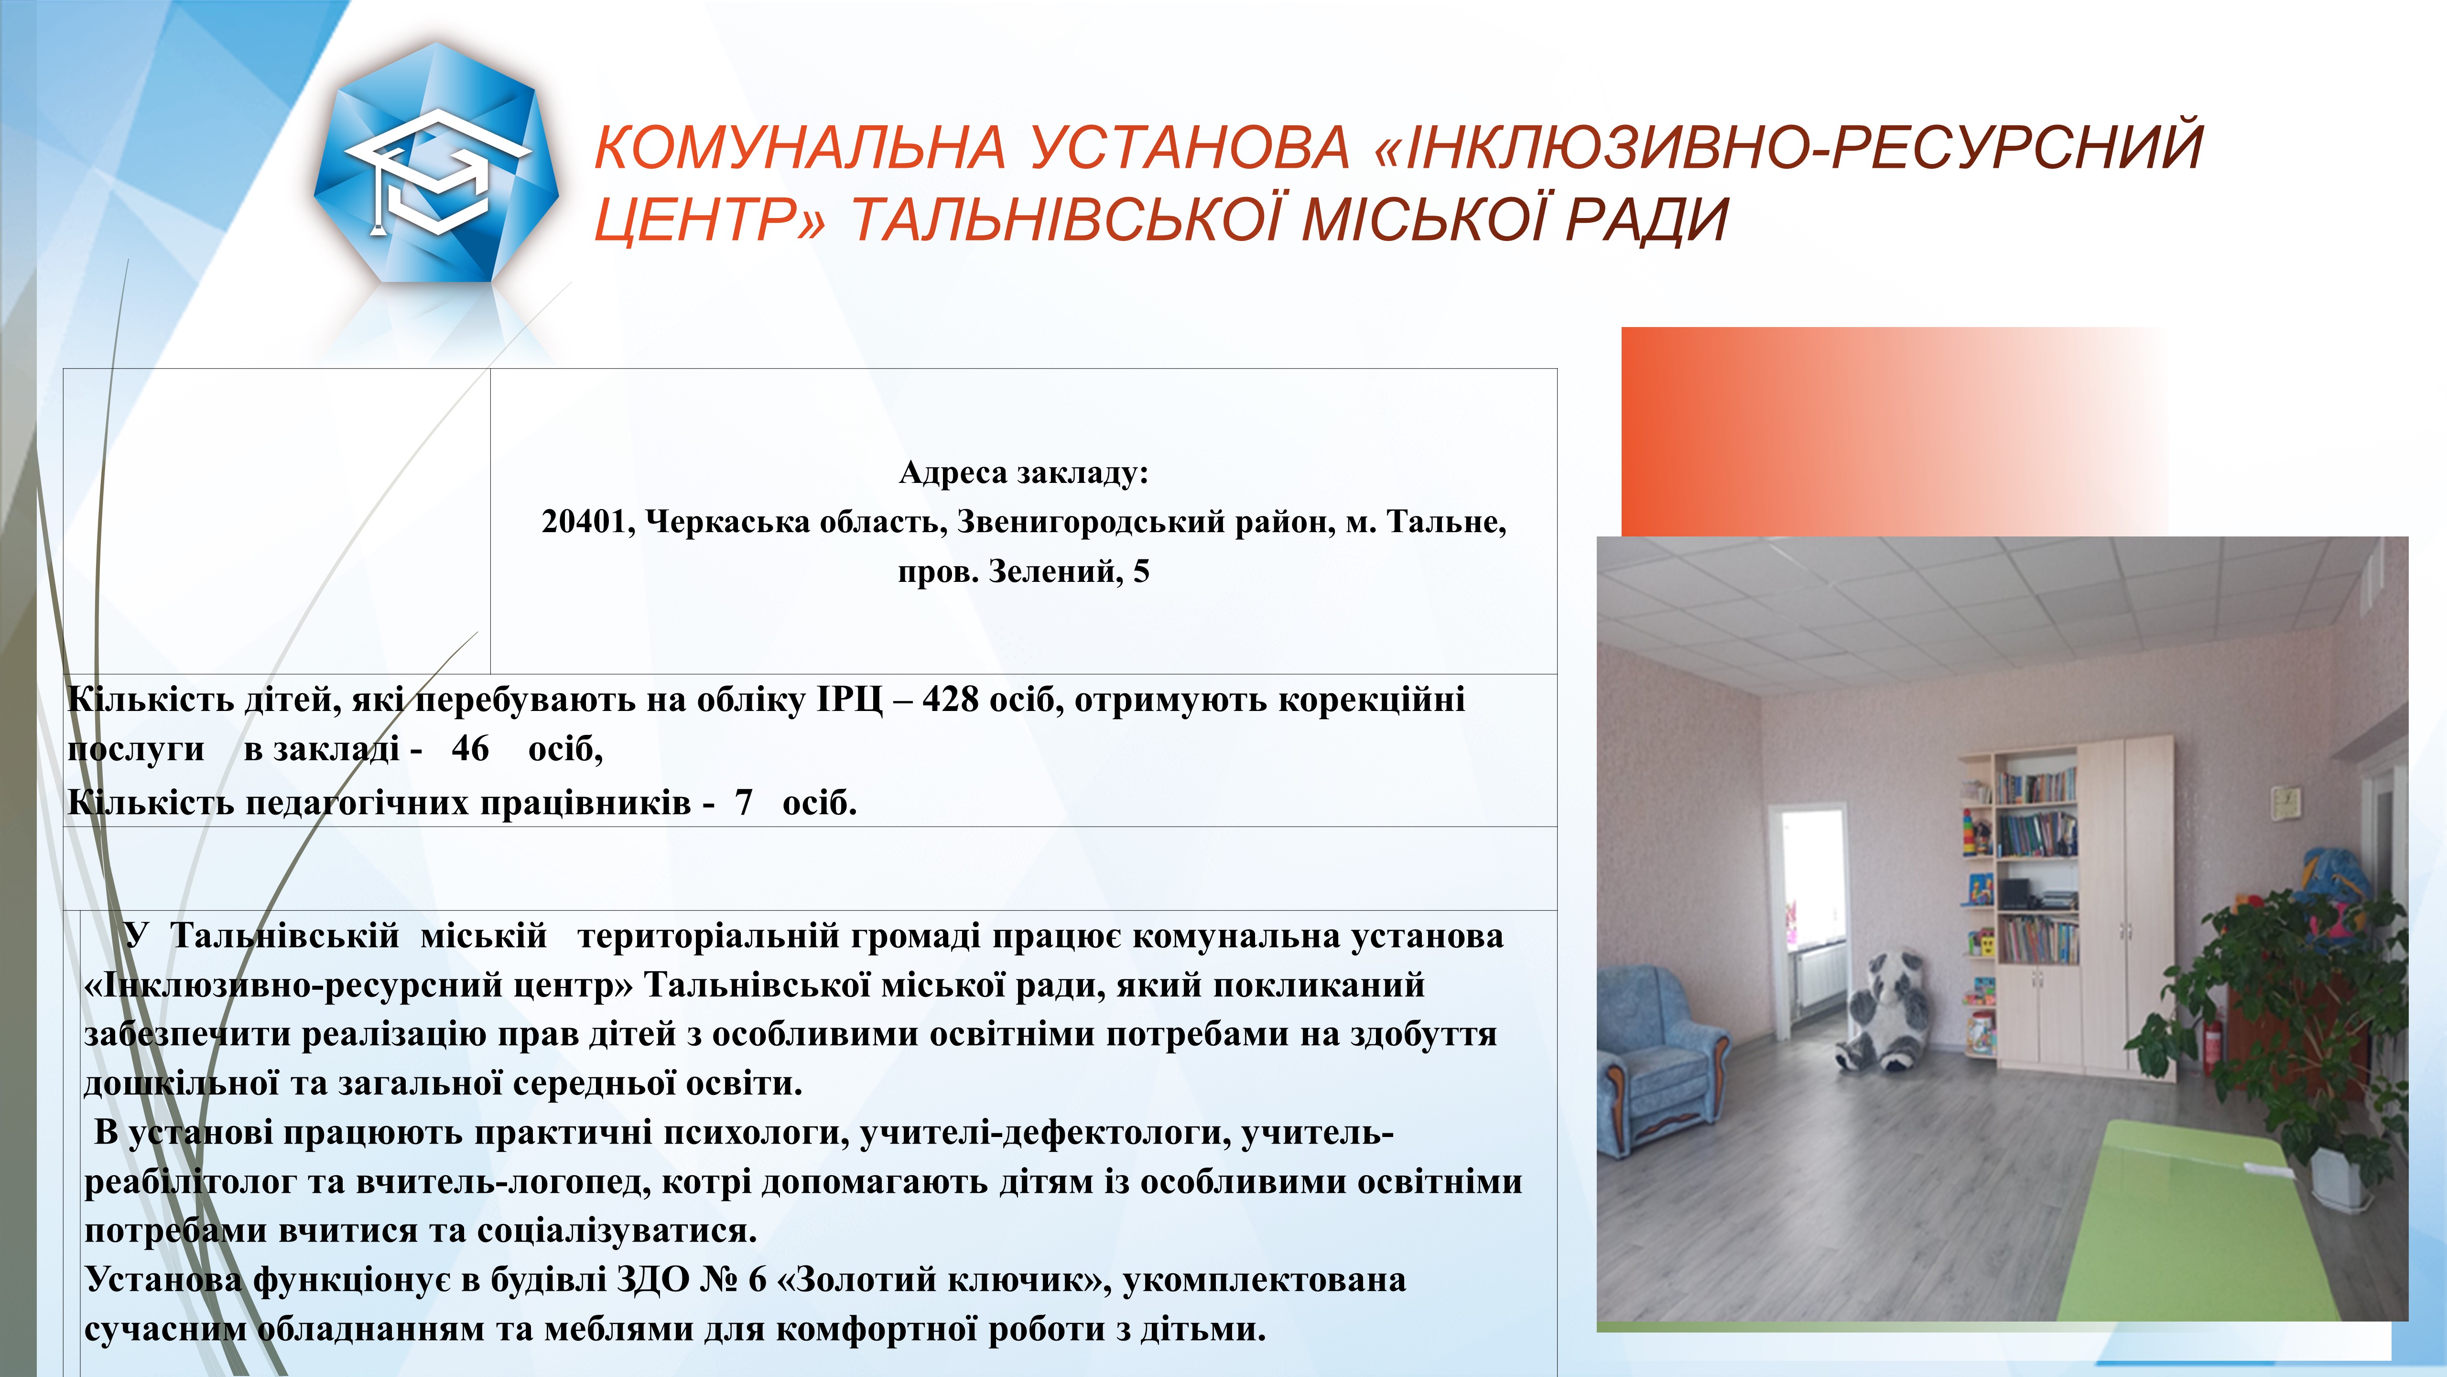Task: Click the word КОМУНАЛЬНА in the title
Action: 800,147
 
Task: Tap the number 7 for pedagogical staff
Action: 743,803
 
